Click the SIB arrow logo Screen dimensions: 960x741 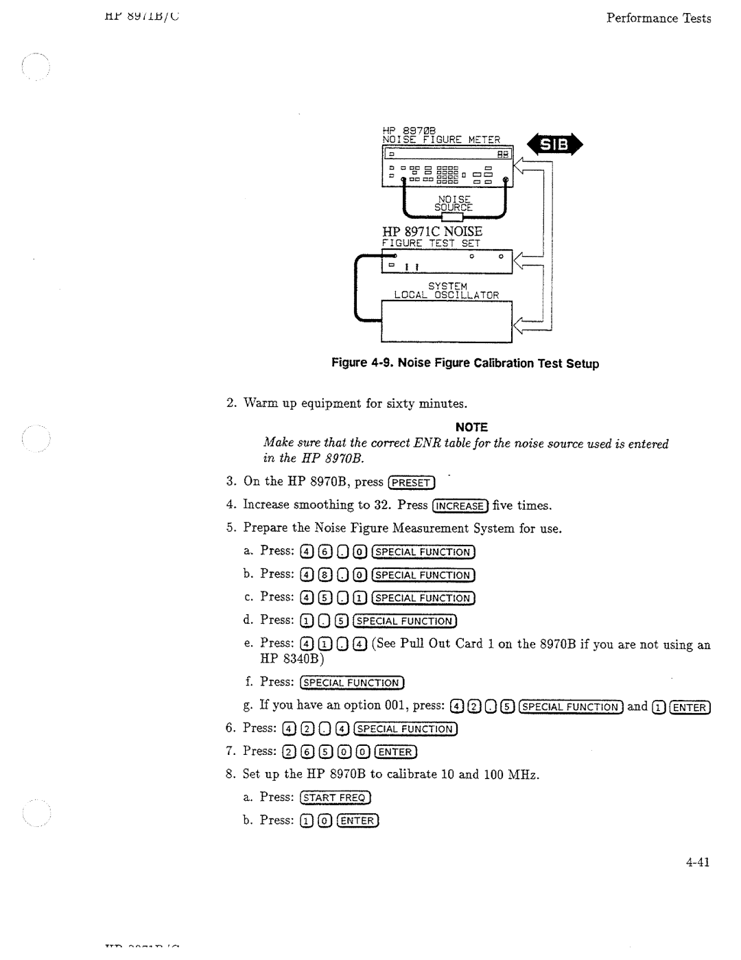[554, 145]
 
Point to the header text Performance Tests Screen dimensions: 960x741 [658, 19]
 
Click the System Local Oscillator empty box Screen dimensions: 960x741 [447, 321]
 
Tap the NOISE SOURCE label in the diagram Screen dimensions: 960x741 [453, 202]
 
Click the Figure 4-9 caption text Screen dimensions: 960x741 [465, 363]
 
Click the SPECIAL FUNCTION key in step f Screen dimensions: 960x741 [353, 683]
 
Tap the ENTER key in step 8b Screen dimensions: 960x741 [358, 821]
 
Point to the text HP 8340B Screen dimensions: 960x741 [283, 659]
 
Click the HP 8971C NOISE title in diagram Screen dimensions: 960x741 [432, 231]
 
